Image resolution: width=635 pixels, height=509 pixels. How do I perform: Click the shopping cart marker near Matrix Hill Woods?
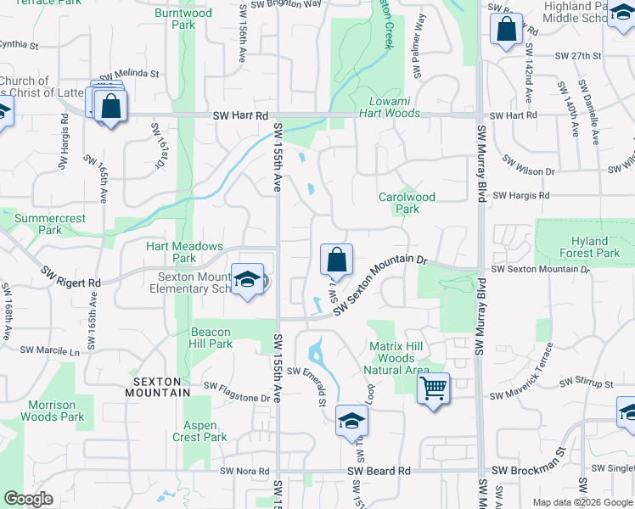coord(434,389)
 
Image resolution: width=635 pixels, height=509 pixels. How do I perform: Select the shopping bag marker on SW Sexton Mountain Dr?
coord(336,260)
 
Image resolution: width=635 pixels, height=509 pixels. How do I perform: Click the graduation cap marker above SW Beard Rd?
coord(351,421)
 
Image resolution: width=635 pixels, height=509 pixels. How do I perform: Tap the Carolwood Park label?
coord(407,203)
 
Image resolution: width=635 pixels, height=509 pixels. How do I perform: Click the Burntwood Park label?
coord(183,19)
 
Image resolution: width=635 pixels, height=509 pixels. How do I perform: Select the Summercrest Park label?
coord(50,224)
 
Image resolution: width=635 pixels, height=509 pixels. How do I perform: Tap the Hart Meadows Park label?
coord(184,252)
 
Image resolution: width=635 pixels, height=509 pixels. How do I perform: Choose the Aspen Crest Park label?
coord(205,431)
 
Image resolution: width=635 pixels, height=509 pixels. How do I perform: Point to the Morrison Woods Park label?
coord(52,411)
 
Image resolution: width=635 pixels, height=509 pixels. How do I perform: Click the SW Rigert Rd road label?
coord(70,276)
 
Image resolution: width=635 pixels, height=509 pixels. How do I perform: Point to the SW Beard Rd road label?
coord(379,471)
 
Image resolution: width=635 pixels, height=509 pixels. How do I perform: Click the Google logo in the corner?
coord(29,499)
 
